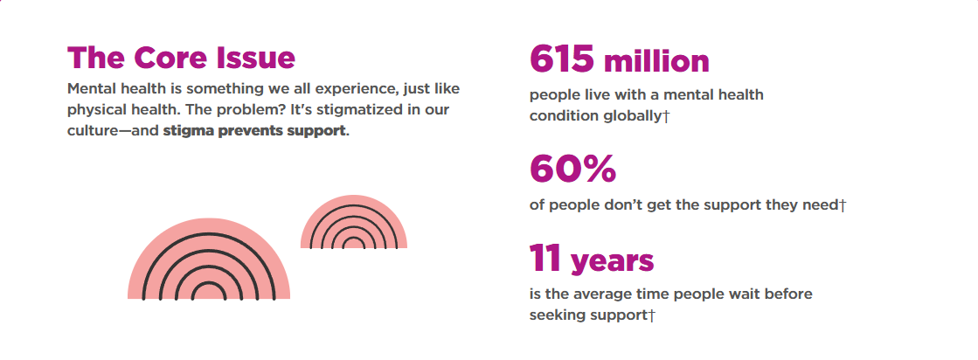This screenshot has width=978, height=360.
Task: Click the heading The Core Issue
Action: (x=181, y=58)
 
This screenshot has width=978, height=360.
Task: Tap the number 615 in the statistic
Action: (x=561, y=59)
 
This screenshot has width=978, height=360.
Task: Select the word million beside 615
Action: (x=656, y=62)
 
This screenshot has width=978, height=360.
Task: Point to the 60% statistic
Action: (x=572, y=168)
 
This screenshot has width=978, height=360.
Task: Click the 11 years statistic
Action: (x=592, y=260)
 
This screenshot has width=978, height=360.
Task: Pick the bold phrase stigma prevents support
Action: (x=253, y=132)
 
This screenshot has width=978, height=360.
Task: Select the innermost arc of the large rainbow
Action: (x=209, y=284)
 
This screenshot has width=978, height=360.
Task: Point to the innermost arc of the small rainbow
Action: (x=354, y=239)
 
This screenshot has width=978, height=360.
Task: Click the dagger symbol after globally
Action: (x=665, y=116)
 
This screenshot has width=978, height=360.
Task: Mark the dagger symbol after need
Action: (x=842, y=205)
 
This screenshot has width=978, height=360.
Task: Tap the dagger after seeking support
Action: (x=652, y=315)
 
